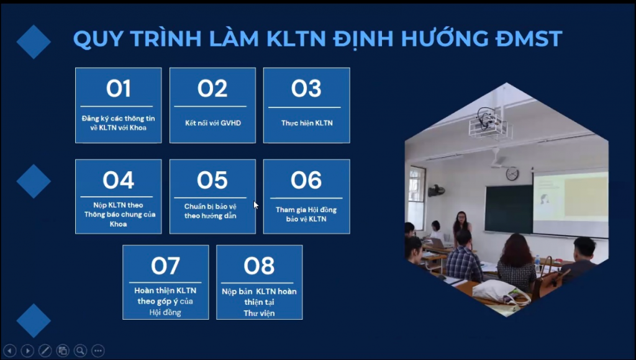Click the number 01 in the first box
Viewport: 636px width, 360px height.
[x=119, y=88]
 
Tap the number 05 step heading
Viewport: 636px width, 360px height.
[x=212, y=180]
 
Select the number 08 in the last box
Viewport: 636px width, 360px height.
[x=259, y=266]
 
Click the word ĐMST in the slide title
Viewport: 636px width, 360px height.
[x=529, y=38]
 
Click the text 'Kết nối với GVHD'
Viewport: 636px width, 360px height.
[x=213, y=123]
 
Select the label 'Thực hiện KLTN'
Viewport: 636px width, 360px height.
[x=307, y=123]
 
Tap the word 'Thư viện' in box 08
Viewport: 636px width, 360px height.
[x=259, y=313]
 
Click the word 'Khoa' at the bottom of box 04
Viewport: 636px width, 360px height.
[x=118, y=224]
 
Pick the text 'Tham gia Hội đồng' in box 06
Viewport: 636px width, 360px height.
[x=306, y=210]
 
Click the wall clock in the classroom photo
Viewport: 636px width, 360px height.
[x=512, y=174]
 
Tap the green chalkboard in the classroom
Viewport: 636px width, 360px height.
[x=509, y=209]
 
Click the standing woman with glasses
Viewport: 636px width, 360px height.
[x=461, y=228]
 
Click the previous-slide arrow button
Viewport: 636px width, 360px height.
[x=10, y=351]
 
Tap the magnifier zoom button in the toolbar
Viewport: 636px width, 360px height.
[x=80, y=351]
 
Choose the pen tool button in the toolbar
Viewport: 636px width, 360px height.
[x=45, y=351]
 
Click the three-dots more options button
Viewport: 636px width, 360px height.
[x=98, y=351]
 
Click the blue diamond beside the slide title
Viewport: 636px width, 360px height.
[x=34, y=42]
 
